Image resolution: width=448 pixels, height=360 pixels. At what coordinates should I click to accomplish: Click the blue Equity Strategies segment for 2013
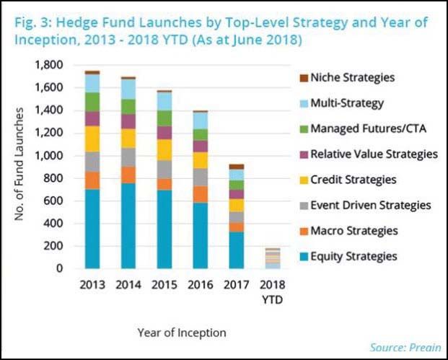click(92, 229)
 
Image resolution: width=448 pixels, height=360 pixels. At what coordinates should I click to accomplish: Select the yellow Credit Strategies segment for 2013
click(92, 139)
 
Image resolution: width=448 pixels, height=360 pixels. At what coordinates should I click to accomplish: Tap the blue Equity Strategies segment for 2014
click(128, 226)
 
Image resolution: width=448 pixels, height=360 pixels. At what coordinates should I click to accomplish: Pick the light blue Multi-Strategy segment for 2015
click(165, 101)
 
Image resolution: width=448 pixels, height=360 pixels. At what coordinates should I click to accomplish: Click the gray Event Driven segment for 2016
click(201, 177)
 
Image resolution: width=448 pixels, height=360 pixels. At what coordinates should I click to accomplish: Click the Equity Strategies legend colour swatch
click(302, 256)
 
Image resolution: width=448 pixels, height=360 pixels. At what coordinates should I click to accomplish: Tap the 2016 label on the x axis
click(201, 284)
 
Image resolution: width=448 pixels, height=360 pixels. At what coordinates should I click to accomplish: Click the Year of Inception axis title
click(181, 333)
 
